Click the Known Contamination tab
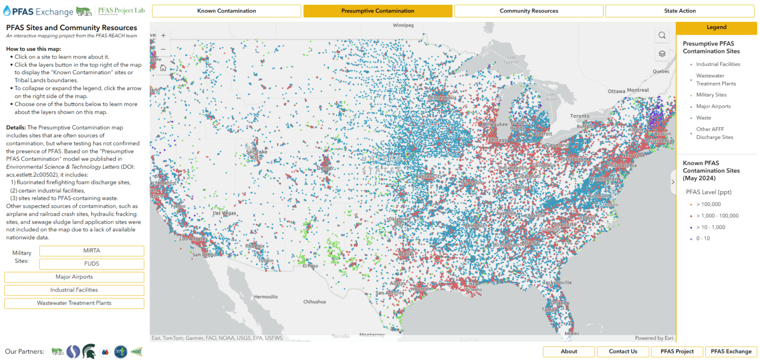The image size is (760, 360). [x=227, y=11]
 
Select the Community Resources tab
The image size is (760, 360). [x=528, y=11]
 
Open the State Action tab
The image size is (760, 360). [x=680, y=11]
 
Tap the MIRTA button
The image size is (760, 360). [x=92, y=251]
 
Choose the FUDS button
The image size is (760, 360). [x=92, y=264]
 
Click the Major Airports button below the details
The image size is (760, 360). [x=74, y=277]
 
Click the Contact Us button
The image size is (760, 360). [x=623, y=352]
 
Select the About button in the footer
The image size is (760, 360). [x=569, y=352]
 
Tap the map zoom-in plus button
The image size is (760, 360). [x=163, y=36]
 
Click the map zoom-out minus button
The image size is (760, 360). [x=163, y=49]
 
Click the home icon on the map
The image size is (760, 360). [x=163, y=68]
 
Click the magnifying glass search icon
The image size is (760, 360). [x=662, y=36]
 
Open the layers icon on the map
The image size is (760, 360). [x=662, y=53]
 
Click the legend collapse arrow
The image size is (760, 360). [x=673, y=182]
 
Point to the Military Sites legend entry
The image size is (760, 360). [x=711, y=94]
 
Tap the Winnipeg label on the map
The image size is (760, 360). [x=403, y=25]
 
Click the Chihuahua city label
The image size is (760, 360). [x=315, y=302]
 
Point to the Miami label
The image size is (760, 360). [x=571, y=334]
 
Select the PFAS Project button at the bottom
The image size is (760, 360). [x=677, y=352]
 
